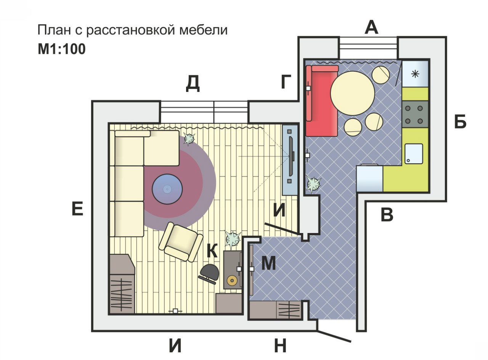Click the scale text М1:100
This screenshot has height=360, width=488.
[x=61, y=49]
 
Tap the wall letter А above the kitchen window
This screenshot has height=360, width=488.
[x=371, y=27]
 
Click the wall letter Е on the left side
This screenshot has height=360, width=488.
[x=77, y=209]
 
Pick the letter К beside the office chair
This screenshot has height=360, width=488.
[x=212, y=251]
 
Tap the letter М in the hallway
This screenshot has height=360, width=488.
[x=268, y=264]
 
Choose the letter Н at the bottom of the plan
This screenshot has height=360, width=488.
[x=280, y=346]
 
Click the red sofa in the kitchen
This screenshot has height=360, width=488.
[x=321, y=101]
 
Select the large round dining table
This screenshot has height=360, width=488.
[x=352, y=94]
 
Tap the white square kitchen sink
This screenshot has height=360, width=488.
[x=414, y=154]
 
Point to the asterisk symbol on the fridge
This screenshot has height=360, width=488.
[x=415, y=74]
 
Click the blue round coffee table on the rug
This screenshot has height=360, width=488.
[x=167, y=189]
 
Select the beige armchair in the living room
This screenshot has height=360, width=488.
[x=181, y=242]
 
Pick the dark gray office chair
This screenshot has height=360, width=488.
[x=209, y=272]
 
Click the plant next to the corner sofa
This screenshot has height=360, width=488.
[x=189, y=139]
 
